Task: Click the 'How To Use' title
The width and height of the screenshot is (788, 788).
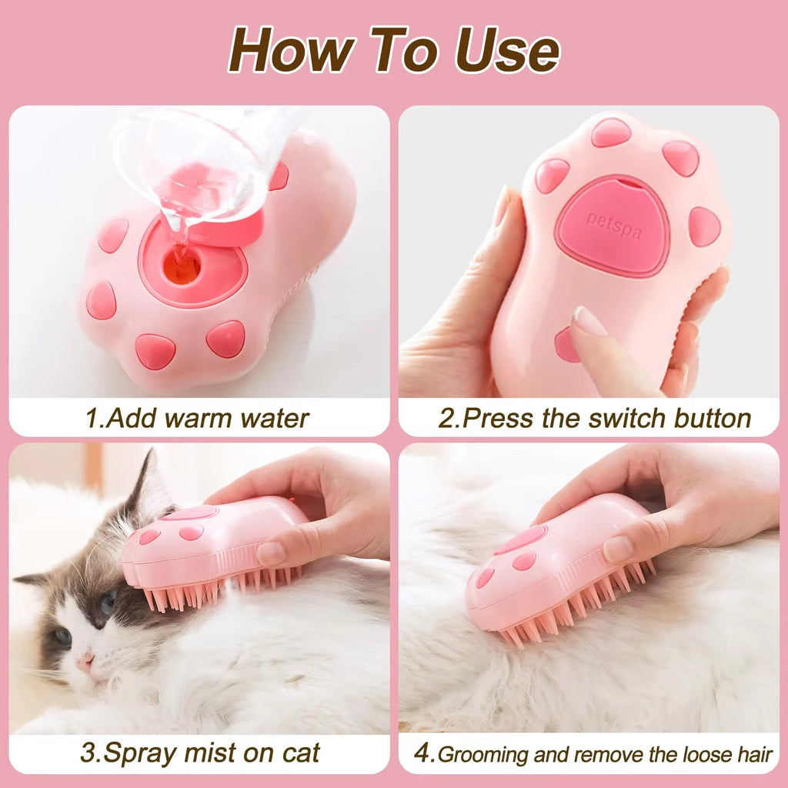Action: [393, 51]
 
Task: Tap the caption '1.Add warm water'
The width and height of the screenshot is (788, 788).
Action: [197, 418]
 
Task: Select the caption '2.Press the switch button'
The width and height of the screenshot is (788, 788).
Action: [594, 418]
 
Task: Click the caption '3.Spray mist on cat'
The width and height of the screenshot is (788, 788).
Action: [199, 752]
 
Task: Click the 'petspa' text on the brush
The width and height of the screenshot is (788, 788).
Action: [613, 225]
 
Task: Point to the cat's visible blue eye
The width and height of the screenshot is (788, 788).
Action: [108, 599]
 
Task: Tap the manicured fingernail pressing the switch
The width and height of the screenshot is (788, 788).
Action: [589, 321]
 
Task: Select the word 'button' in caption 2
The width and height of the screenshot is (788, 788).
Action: [712, 418]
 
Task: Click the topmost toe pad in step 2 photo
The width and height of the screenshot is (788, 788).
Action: [611, 132]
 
